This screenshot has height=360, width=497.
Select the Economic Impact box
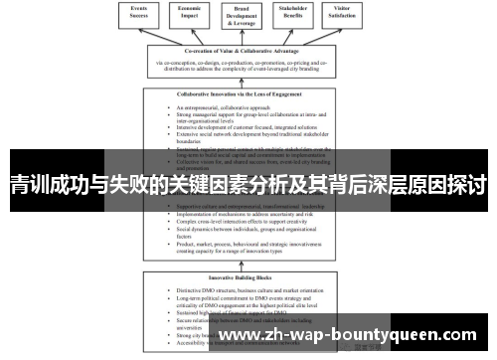191,14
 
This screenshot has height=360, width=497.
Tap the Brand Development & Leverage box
243,17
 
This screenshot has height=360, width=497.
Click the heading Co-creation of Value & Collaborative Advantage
248,52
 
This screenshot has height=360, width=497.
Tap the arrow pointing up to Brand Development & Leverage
243,39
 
